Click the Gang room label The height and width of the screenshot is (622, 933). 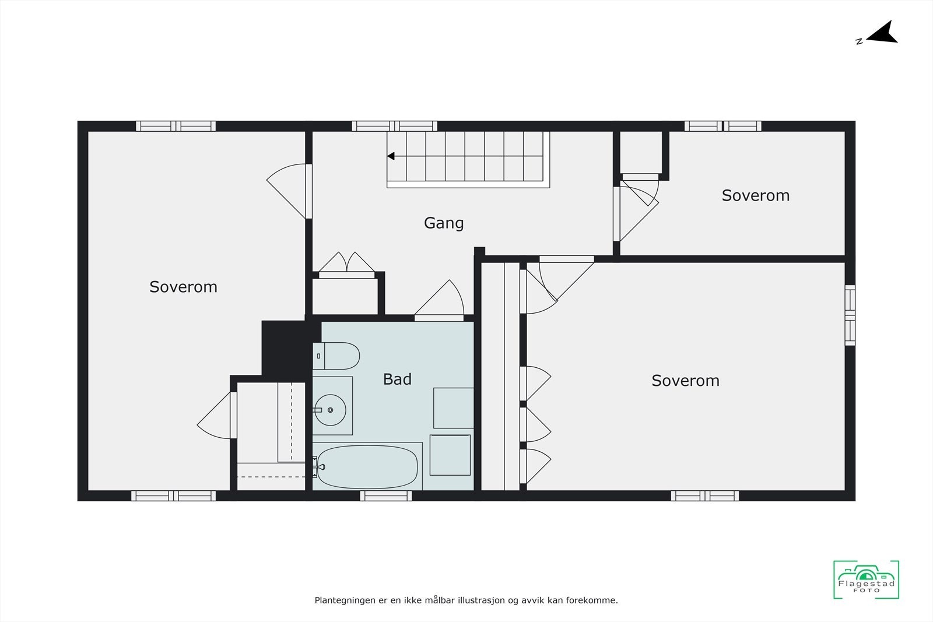tap(444, 223)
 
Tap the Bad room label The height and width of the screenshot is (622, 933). tap(397, 379)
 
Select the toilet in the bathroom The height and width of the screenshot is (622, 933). tap(336, 356)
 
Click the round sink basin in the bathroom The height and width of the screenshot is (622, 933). tap(330, 410)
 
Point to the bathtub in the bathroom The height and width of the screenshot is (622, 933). tap(367, 467)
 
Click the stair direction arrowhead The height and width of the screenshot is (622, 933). tap(391, 156)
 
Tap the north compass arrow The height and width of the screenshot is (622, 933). tap(882, 34)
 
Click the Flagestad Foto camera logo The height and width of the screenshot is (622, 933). tap(866, 579)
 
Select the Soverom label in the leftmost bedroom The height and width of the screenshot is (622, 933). tap(183, 287)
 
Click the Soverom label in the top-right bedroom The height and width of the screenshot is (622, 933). tap(756, 196)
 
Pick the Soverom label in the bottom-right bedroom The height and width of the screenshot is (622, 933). tap(685, 381)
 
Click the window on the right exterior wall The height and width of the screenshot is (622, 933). tap(850, 315)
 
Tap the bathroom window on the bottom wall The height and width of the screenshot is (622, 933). tap(385, 496)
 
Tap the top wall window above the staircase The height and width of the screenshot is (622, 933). tap(394, 126)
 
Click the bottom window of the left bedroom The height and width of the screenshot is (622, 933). tap(173, 496)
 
